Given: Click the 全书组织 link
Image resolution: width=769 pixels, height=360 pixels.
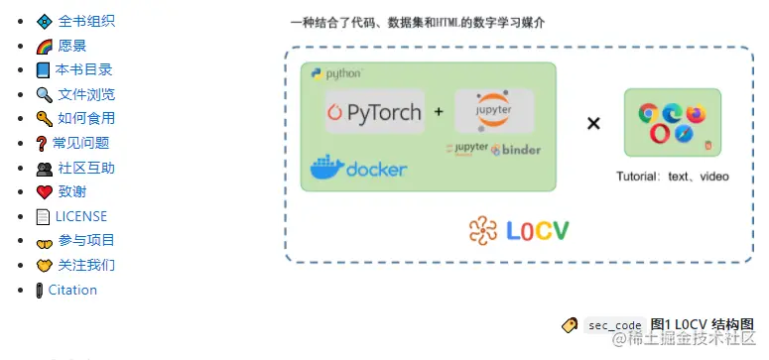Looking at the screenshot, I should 85,21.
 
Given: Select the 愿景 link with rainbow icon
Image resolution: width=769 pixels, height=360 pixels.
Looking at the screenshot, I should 71,46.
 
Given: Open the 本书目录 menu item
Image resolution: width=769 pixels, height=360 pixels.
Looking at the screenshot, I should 83,69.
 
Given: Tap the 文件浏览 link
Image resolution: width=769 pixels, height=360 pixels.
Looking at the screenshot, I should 85,94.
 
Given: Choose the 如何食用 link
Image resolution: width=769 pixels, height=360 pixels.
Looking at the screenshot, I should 85,119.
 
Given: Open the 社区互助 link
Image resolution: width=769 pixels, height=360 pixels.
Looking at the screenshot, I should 85,168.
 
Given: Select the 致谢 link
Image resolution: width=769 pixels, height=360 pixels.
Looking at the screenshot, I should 71,191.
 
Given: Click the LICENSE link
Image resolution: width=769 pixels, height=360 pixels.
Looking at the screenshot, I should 80,216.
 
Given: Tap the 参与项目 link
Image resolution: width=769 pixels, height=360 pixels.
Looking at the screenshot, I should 86,240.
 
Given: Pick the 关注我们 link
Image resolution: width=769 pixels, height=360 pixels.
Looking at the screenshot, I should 86,265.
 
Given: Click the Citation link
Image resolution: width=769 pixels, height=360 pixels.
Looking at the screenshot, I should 72,290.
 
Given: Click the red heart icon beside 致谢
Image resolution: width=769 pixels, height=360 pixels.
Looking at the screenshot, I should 44,192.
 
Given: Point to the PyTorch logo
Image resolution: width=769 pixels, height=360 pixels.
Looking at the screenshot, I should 374,112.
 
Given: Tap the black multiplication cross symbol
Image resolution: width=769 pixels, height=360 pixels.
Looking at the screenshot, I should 593,124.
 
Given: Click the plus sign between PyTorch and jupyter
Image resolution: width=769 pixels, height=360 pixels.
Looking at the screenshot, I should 439,112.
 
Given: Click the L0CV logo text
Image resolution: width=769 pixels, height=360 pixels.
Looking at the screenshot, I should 519,231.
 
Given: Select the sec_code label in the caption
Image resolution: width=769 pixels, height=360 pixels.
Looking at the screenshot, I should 614,325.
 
